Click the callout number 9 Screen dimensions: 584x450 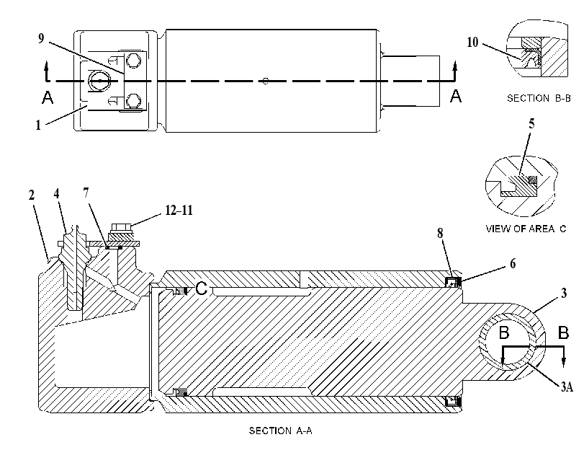pos(41,38)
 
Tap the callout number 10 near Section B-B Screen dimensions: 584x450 pos(472,43)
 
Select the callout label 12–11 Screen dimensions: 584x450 pos(179,211)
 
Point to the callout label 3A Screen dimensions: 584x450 pos(567,387)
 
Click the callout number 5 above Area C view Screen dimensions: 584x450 pos(531,123)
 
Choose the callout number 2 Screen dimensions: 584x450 pos(31,195)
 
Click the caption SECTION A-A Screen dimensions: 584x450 pos(280,431)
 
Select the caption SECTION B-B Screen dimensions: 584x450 pos(539,99)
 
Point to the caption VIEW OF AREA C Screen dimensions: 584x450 pos(526,229)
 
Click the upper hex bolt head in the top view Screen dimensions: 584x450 pos(133,60)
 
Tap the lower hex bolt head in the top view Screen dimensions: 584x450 pos(133,101)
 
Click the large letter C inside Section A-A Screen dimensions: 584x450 pos(202,288)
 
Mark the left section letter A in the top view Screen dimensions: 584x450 pos(48,97)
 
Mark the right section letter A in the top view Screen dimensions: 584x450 pos(456,96)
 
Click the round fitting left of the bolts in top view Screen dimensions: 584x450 pos(99,81)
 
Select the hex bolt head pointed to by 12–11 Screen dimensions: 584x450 pos(120,227)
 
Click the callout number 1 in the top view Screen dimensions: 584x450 pos(38,125)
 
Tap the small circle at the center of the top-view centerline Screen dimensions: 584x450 pos(265,81)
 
